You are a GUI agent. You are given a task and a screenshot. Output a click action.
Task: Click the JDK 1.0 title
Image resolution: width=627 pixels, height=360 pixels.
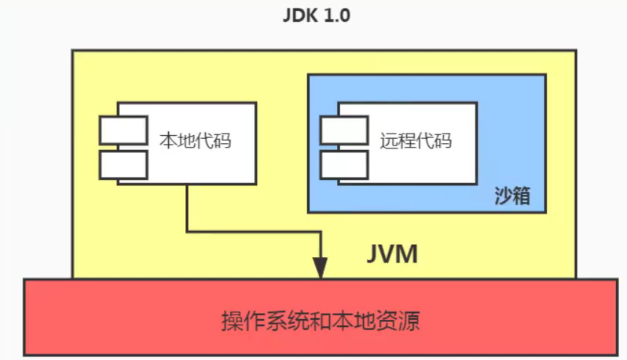point(316,16)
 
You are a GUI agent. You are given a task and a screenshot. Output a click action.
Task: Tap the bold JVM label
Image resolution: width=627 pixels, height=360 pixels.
point(392,255)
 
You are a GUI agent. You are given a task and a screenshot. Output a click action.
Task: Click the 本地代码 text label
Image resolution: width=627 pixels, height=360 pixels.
point(195,141)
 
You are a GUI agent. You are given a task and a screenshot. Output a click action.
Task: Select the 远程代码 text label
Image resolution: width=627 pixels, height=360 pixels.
point(416,141)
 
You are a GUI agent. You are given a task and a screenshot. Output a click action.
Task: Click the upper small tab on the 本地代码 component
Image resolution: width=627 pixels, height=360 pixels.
point(124,130)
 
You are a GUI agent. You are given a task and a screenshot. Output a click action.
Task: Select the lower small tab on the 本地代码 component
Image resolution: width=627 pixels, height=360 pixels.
point(124,165)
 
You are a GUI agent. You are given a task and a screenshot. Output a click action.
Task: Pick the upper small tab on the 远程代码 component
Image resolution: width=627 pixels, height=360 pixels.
point(344,130)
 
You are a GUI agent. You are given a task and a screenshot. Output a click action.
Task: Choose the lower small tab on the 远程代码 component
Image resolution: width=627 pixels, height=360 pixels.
point(344,165)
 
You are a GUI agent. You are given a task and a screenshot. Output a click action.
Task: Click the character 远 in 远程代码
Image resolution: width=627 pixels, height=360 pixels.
point(389,141)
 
